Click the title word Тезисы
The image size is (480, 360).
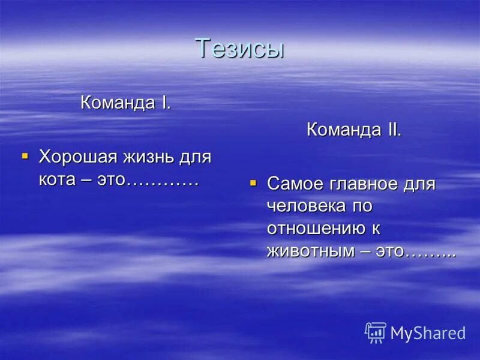click(239, 48)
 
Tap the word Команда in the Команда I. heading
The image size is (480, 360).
click(118, 103)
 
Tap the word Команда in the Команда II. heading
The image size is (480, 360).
click(343, 130)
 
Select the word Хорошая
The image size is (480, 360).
click(78, 158)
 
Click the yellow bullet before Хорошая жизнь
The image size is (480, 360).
click(25, 156)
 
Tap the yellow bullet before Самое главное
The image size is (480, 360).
click(253, 182)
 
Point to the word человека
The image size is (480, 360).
click(307, 206)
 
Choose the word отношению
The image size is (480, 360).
click(316, 229)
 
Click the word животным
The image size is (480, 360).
click(311, 251)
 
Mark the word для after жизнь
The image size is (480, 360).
click(196, 158)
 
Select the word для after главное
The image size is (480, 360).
click(420, 184)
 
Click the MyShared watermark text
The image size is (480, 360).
click(428, 333)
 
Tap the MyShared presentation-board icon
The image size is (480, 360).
click(376, 332)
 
